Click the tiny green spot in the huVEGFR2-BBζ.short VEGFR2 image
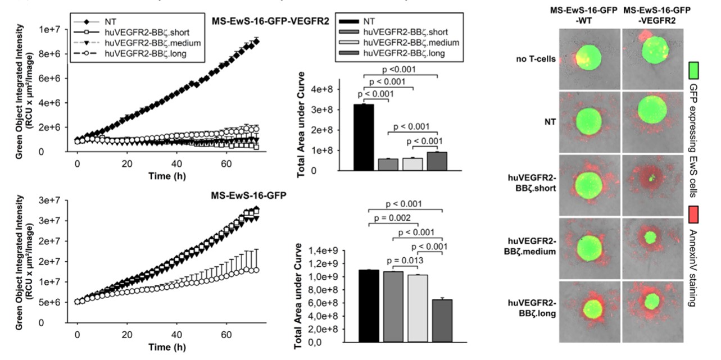pyautogui.click(x=652, y=179)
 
